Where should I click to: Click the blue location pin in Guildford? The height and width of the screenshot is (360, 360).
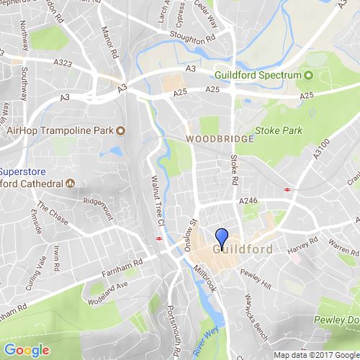pos(222,237)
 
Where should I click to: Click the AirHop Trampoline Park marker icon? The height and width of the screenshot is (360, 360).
pos(120,130)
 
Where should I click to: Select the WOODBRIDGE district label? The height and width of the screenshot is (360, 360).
pos(220,138)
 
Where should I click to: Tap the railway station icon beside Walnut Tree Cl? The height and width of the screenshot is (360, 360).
pos(157,240)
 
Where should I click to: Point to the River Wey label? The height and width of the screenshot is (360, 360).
pos(211,335)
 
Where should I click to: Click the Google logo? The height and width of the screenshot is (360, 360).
pos(25,351)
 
